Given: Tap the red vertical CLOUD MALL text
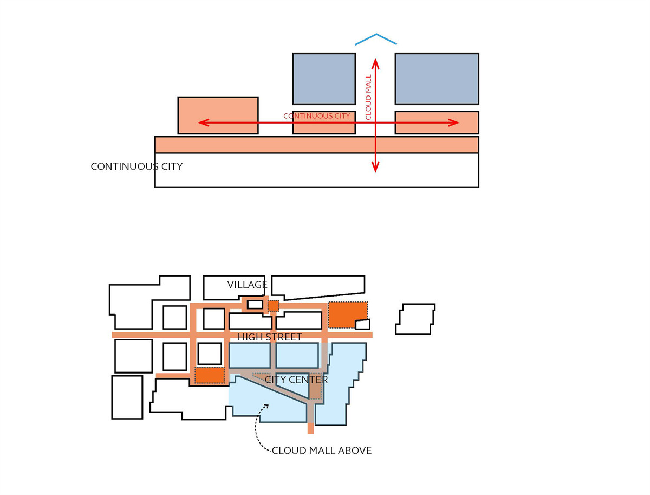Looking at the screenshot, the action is click(368, 97).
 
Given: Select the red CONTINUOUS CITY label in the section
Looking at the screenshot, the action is click(316, 116).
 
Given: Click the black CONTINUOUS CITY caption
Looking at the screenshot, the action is click(136, 166).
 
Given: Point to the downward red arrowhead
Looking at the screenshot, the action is click(375, 167).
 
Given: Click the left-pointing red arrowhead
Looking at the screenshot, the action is click(204, 123).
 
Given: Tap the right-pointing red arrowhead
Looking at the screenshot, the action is click(454, 123).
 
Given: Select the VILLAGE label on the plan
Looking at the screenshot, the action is click(247, 285).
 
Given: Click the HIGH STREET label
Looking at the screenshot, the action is click(270, 337).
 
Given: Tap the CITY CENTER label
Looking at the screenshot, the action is click(296, 380).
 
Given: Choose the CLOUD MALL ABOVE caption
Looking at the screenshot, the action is click(322, 451).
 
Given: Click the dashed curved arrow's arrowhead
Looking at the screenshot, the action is click(266, 406).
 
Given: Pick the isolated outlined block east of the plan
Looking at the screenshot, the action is click(415, 319).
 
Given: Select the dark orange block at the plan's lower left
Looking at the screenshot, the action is click(210, 375).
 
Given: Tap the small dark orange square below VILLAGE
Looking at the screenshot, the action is click(274, 306).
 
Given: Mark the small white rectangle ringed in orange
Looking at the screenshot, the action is click(255, 304).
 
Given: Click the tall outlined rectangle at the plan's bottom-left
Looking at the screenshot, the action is click(127, 397).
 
